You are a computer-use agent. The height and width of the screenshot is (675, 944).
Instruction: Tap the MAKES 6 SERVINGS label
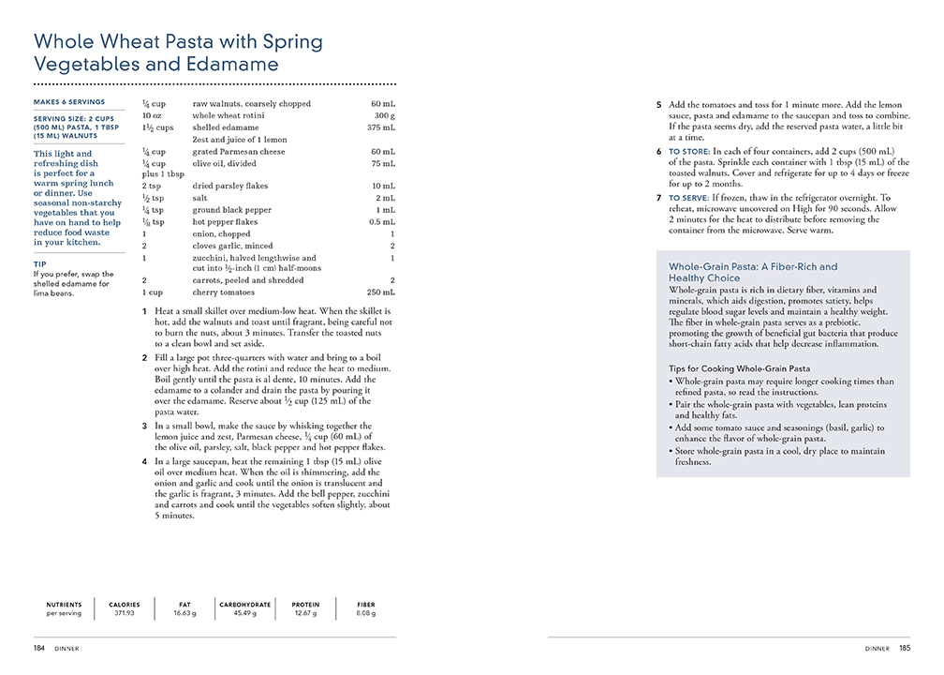pos(69,101)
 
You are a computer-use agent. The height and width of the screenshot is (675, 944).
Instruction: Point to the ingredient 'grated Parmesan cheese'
pos(239,151)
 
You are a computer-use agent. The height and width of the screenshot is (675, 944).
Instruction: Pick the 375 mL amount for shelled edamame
pos(381,127)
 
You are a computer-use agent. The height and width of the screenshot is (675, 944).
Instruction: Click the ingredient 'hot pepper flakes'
pos(228,222)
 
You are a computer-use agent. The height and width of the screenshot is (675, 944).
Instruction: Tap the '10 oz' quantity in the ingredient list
pos(152,115)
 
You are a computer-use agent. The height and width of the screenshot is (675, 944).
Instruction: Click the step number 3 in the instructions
pos(144,426)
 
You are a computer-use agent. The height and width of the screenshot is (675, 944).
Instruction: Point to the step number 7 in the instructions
pos(658,198)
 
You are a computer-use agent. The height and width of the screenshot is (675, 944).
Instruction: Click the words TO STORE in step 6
pos(688,151)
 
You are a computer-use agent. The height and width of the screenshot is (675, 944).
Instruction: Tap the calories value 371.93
pos(125,614)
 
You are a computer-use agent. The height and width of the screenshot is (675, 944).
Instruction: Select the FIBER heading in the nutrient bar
pos(366,605)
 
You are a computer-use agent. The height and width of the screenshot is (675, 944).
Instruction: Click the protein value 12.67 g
pos(305,614)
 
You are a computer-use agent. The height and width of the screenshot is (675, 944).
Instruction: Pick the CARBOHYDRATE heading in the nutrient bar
pos(245,605)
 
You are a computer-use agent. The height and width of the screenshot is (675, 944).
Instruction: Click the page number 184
pos(39,648)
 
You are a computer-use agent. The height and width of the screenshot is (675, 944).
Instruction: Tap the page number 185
pos(905,648)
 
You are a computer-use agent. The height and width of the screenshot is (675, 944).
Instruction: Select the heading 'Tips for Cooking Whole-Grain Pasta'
pos(740,369)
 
